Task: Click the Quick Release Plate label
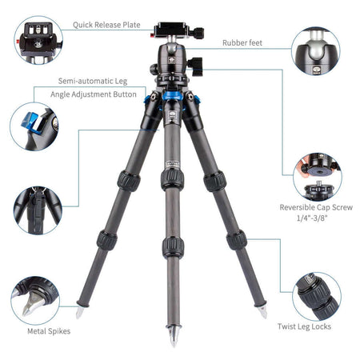[x=106, y=25]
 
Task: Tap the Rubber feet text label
[x=242, y=42]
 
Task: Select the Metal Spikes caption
[x=49, y=331]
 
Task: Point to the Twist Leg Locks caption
[x=304, y=326]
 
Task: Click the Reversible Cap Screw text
[x=316, y=207]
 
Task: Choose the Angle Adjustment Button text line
[x=94, y=94]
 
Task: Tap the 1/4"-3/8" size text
[x=312, y=218]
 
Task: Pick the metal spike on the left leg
[x=80, y=312]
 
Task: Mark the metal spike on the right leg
[x=262, y=312]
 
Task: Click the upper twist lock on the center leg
[x=172, y=178]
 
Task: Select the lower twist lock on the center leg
[x=174, y=247]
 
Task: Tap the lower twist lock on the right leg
[x=237, y=240]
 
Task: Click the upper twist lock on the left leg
[x=129, y=181]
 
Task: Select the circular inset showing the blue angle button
[x=34, y=126]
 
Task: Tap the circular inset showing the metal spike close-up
[x=35, y=301]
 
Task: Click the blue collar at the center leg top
[x=172, y=96]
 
